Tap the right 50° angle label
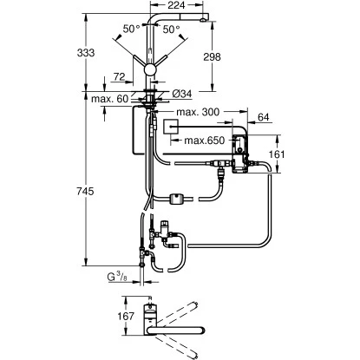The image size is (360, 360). click(x=171, y=29)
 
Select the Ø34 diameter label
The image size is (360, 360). click(x=180, y=94)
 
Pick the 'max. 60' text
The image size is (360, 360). click(x=110, y=101)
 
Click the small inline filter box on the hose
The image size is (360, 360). click(x=178, y=200)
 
